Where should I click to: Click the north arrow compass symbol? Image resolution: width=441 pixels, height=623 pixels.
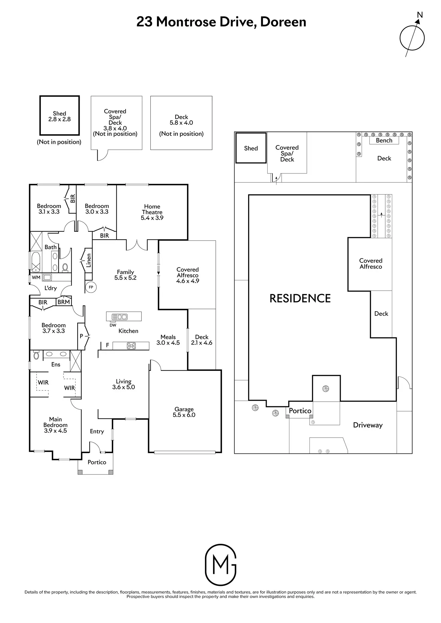coord(412,38)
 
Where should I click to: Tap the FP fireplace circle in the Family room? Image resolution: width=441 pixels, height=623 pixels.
coord(91,287)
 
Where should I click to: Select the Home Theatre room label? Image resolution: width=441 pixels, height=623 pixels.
coord(152,212)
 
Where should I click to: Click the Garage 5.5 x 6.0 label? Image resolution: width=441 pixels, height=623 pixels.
coord(184,412)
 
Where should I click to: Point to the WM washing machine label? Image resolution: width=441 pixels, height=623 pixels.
coord(36,277)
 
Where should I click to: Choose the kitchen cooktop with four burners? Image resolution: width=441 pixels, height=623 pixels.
coord(131,346)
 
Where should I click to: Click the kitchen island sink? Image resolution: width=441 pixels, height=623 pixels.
coord(119,317)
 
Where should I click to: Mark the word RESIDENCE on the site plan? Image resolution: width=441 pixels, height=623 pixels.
coord(300,298)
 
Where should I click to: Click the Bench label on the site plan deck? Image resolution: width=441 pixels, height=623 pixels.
coord(384,140)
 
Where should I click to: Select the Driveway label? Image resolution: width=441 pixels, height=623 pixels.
coord(368,425)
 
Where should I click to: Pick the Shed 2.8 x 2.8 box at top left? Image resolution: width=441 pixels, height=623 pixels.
coord(60,116)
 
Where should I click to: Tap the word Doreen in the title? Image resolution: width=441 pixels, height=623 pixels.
coord(283,22)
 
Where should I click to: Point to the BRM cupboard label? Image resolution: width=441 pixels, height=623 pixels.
coord(64,302)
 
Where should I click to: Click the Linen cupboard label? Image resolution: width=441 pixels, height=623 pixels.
coord(88,260)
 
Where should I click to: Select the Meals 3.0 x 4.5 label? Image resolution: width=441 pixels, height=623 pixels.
coord(168,340)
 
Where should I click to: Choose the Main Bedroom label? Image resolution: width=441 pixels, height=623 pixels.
coord(55,425)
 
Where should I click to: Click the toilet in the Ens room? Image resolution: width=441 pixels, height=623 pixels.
coord(36,356)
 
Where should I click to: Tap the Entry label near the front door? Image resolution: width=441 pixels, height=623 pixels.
coord(97,431)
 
